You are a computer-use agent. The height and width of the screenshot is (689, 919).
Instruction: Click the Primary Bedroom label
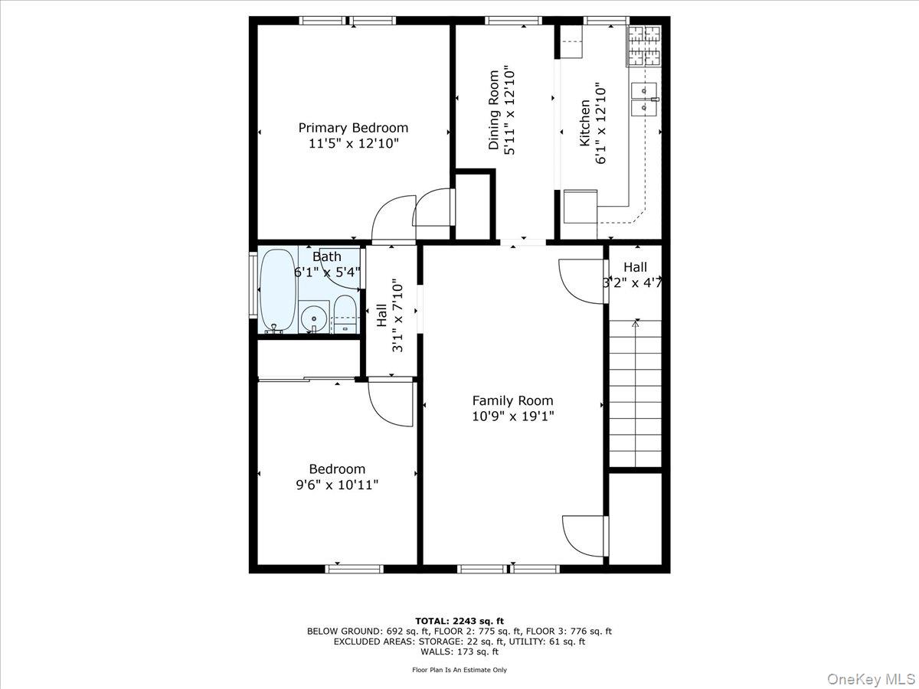tap(353, 128)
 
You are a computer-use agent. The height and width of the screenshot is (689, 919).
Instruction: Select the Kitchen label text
tap(584, 122)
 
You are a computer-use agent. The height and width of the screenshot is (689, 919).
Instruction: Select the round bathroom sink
tap(312, 317)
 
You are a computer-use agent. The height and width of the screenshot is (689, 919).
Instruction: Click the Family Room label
tap(512, 400)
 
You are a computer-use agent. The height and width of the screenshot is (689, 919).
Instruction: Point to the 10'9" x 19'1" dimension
tap(512, 416)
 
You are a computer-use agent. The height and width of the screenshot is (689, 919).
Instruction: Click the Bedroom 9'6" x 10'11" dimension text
tap(337, 485)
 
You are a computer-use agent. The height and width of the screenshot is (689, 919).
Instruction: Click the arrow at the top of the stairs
tap(635, 325)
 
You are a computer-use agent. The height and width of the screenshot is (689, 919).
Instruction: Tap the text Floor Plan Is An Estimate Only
tap(459, 670)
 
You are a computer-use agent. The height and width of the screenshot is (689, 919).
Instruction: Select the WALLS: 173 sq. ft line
tap(459, 652)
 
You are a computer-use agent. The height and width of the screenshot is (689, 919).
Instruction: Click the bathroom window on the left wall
tap(253, 284)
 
